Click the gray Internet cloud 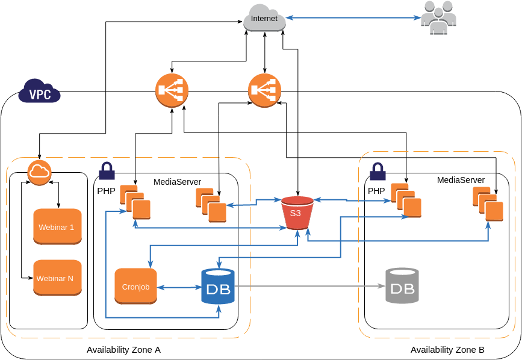tap(264, 18)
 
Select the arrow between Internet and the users tap(353, 18)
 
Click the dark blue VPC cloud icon tap(39, 92)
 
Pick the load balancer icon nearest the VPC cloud tap(172, 90)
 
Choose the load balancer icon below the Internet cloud tap(264, 90)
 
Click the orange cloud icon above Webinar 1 tap(39, 172)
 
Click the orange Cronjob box tap(135, 286)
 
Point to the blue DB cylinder tap(217, 287)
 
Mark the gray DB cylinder tap(402, 286)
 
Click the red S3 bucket tap(297, 213)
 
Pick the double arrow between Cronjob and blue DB tap(179, 287)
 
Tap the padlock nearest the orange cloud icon tap(107, 171)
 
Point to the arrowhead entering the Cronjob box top tap(149, 265)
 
